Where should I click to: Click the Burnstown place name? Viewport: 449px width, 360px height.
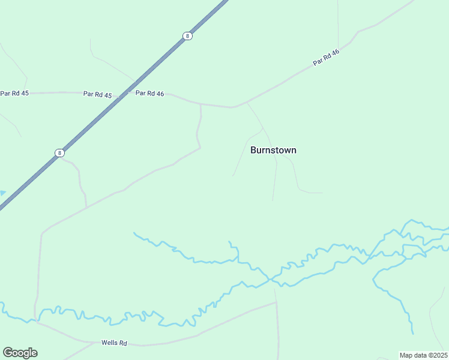click(x=273, y=150)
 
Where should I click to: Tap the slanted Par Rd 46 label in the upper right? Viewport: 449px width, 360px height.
click(x=327, y=57)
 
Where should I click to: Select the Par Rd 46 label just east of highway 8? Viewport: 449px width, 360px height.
click(x=149, y=93)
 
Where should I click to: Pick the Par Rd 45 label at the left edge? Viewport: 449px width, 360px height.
click(x=14, y=93)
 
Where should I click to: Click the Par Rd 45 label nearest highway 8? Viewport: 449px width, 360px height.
click(x=97, y=94)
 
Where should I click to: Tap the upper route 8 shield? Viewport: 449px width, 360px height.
click(x=188, y=36)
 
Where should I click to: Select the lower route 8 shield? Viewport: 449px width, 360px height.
click(x=59, y=152)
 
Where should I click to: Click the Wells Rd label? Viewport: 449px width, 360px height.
click(x=114, y=343)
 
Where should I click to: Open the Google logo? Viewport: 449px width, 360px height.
click(x=20, y=353)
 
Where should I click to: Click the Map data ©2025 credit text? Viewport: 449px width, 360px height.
click(x=423, y=355)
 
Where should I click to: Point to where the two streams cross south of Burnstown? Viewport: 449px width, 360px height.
click(x=273, y=278)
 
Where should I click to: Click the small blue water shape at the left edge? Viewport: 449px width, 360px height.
click(x=2, y=193)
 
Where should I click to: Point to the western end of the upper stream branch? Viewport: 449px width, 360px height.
click(x=134, y=233)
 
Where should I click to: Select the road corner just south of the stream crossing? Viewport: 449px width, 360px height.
click(x=276, y=302)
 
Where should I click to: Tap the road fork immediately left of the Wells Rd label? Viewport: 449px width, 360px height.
click(x=95, y=343)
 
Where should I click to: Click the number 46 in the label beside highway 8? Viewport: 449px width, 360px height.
click(x=159, y=93)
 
